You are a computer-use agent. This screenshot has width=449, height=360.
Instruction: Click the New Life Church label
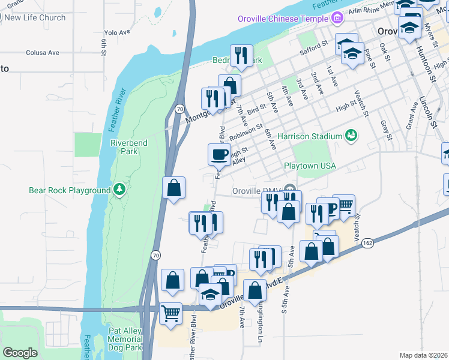coord(35,17)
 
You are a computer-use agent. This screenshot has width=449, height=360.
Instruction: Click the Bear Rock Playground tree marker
coord(119,190)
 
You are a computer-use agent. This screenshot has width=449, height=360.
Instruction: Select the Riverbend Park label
coord(124,147)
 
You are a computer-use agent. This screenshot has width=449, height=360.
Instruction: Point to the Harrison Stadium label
coord(309,136)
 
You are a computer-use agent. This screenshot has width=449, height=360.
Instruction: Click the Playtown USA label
coord(310,166)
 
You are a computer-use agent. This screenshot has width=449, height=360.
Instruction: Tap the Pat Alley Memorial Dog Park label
coord(125,339)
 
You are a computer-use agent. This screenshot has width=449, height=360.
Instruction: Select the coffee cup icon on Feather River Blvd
coord(219,155)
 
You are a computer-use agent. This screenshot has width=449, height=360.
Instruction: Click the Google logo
coord(20,353)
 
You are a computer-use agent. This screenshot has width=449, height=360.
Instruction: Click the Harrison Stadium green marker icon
coord(351,136)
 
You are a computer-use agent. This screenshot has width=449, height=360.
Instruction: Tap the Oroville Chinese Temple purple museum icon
coord(337,18)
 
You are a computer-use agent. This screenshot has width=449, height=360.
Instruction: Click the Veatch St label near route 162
coord(358,226)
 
